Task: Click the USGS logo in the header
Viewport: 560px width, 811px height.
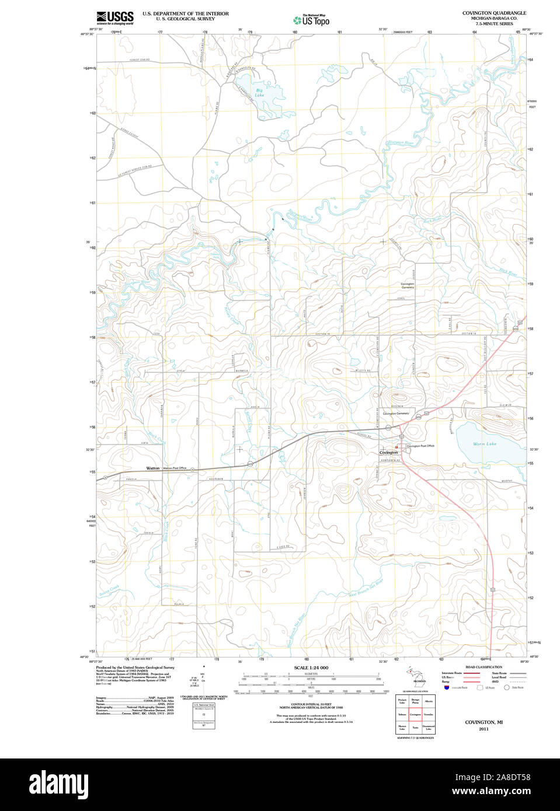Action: tap(115, 17)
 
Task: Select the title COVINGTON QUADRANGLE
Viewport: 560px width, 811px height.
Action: tap(494, 13)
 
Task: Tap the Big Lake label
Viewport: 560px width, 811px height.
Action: tap(259, 93)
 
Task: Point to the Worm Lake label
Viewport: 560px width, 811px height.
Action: tap(484, 444)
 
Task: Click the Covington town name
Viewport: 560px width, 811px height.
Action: tap(388, 452)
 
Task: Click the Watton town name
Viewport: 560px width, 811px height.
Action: tap(153, 468)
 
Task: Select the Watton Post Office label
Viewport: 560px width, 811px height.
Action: tap(175, 468)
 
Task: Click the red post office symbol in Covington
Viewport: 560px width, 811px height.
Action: tap(396, 448)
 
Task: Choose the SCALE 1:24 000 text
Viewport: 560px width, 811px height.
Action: tap(311, 667)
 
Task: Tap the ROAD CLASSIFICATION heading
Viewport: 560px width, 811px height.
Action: tap(484, 667)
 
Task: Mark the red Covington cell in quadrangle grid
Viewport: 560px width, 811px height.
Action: tap(415, 714)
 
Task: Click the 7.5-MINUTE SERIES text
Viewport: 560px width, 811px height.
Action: tap(494, 24)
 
